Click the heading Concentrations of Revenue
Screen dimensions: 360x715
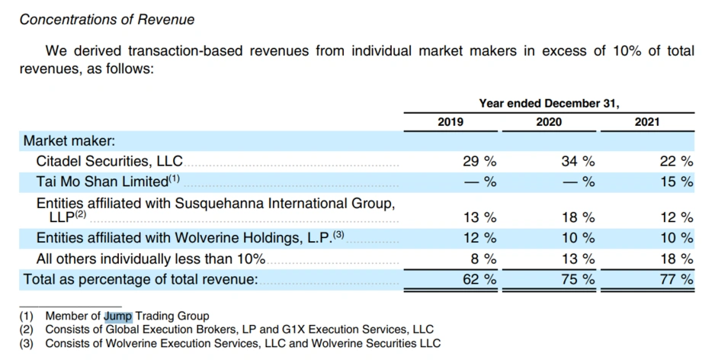pos(107,20)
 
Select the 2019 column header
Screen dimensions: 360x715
pos(450,122)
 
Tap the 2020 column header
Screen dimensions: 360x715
pos(549,122)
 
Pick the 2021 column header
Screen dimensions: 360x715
pos(647,122)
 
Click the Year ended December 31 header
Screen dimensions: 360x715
pos(549,103)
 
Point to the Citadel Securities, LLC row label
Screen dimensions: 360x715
pos(110,162)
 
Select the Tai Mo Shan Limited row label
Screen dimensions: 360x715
pos(101,182)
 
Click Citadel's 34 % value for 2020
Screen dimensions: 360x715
pos(577,162)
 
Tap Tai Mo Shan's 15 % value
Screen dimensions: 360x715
pos(675,182)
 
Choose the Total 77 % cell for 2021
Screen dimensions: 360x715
pos(675,279)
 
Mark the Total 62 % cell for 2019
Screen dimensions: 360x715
pos(479,279)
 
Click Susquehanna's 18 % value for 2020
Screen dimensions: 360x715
pos(577,218)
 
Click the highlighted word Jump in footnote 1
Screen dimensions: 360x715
pos(118,316)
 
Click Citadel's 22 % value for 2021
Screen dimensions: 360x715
pos(675,162)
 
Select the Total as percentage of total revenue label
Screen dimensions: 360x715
pos(140,279)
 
